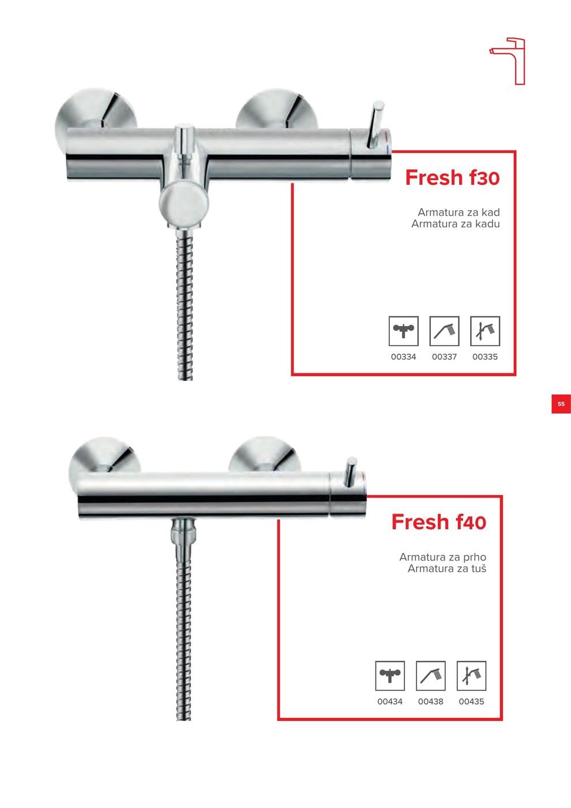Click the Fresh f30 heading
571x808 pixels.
(452, 178)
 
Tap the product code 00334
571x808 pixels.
(403, 357)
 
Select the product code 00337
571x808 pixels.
(444, 357)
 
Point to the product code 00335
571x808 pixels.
(485, 357)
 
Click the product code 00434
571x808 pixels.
(390, 702)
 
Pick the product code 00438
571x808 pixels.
(430, 702)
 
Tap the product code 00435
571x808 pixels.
(471, 702)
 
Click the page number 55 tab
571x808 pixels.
(561, 404)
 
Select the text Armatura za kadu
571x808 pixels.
(455, 224)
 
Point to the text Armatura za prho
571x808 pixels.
(443, 558)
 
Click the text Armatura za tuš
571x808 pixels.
(447, 569)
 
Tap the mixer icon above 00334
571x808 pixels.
(403, 331)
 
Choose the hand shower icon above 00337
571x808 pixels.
(444, 331)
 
